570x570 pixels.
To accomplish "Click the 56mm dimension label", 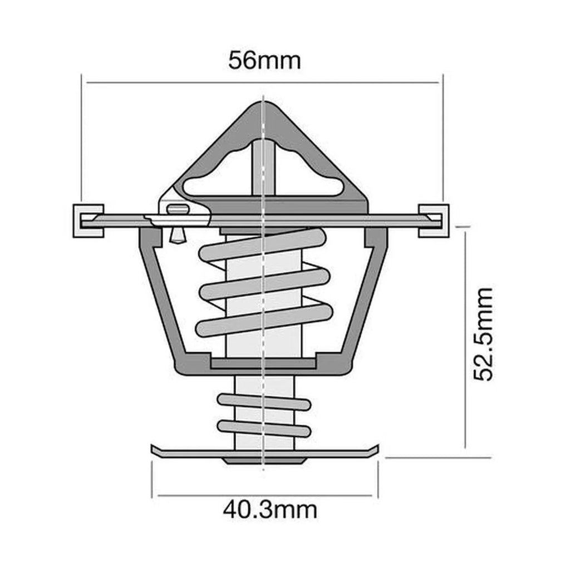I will tap(264, 60).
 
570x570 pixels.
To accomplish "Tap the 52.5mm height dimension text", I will tap(483, 334).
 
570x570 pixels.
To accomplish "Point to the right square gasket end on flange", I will tap(434, 220).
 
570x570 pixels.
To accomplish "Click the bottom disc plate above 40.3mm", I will tap(264, 451).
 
